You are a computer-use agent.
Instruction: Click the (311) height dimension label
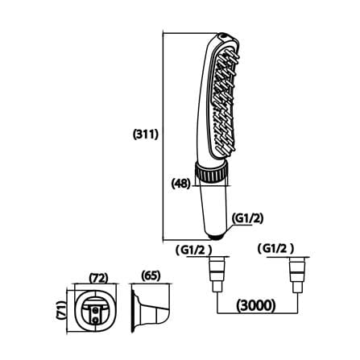point(146,134)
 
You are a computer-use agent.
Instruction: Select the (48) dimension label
point(181,184)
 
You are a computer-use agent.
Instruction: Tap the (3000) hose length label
point(256,305)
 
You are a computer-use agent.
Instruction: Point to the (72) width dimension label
point(98,278)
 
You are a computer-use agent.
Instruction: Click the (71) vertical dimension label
point(61,310)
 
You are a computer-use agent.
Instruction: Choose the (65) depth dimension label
point(151,275)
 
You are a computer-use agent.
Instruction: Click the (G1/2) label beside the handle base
point(247,218)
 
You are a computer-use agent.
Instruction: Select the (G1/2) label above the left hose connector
point(193,250)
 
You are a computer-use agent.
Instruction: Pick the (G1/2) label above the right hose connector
point(275,249)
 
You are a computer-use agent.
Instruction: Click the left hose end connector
point(217,275)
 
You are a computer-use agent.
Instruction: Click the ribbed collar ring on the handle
point(210,172)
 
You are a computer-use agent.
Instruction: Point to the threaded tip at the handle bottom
point(217,236)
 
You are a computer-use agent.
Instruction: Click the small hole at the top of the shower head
point(223,35)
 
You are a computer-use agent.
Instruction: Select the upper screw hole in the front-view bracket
point(95,310)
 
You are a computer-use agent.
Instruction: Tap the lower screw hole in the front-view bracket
point(95,320)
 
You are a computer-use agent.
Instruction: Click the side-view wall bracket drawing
point(151,308)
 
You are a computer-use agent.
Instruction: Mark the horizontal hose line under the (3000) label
point(257,313)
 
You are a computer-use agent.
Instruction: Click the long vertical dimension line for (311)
point(163,136)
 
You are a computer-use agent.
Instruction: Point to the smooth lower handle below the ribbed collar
point(212,209)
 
